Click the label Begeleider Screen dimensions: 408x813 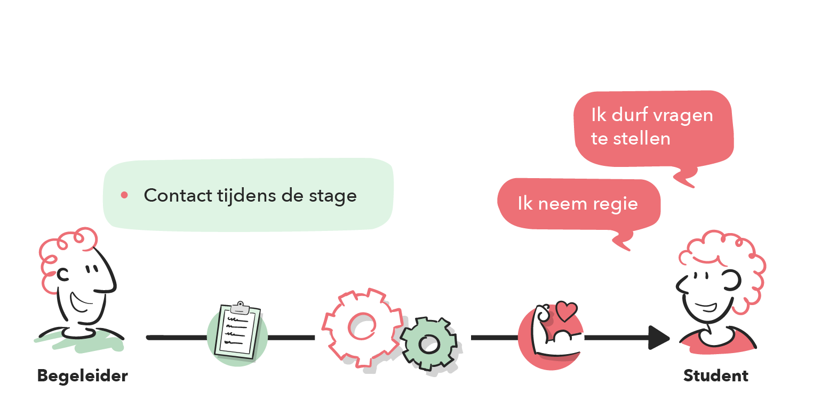[83, 376]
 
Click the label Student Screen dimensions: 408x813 [716, 376]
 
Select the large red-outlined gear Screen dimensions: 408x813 [361, 326]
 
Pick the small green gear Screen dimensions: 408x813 [428, 344]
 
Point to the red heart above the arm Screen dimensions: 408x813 [565, 310]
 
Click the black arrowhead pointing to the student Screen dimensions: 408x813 [659, 338]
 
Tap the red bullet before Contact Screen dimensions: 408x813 [124, 195]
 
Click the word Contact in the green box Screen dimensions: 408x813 [178, 196]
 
